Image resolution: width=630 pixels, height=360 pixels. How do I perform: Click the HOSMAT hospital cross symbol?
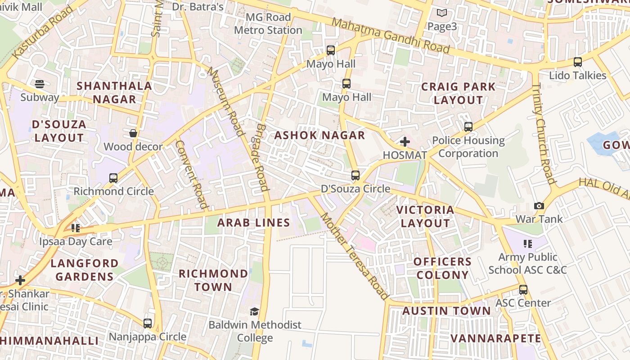405,142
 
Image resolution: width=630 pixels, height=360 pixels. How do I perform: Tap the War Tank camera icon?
539,206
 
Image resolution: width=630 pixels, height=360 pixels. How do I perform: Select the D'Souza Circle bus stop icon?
355,175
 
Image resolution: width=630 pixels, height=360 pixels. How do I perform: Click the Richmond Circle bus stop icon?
113,178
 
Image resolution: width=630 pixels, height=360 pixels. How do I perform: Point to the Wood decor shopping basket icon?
133,133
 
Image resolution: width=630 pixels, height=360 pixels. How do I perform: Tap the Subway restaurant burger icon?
40,84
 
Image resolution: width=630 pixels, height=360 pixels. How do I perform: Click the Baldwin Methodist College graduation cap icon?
255,311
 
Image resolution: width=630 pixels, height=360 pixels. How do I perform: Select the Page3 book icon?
442,13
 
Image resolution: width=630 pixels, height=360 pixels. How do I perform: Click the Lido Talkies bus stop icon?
578,62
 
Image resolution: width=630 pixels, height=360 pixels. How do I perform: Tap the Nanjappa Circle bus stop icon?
148,323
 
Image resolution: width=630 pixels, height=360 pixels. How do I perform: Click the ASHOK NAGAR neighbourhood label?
319,135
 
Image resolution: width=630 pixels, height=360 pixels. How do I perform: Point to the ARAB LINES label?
254,223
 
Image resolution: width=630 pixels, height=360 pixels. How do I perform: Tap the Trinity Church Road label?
544,134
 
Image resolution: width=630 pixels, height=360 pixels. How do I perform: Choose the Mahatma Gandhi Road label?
391,36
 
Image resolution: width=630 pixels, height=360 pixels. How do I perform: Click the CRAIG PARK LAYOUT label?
458,93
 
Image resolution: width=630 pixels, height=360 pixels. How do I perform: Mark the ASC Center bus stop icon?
523,290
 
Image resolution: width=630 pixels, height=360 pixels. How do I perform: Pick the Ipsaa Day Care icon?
76,228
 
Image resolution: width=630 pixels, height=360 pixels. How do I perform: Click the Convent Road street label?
192,175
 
